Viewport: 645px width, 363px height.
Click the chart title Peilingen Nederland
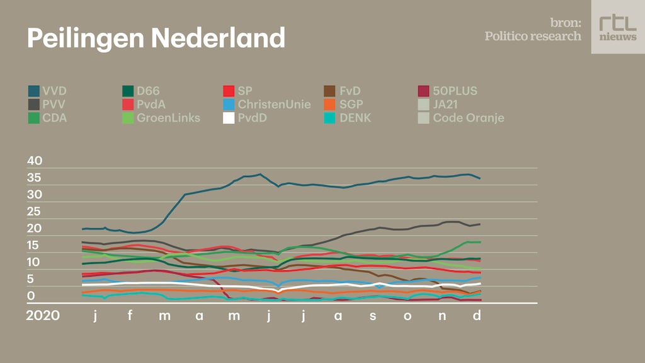[156, 38]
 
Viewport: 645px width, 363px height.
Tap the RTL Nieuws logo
[617, 26]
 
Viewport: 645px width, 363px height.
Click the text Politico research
[533, 36]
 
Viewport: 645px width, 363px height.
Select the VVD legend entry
[48, 91]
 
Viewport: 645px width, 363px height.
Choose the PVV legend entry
[48, 104]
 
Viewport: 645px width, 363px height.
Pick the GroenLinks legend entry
[160, 118]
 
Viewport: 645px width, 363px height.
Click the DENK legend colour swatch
[329, 118]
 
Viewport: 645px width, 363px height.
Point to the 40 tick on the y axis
[35, 161]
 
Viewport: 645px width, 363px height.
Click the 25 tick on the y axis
[35, 212]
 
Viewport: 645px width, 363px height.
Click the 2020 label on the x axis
[43, 316]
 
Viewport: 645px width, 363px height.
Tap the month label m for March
[164, 316]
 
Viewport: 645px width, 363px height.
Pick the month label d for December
[477, 316]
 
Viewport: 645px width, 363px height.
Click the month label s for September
[373, 316]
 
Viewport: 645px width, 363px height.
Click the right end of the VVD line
[480, 178]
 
